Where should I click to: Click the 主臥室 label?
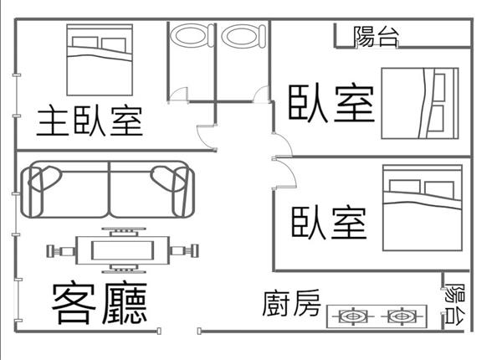[x=90, y=122]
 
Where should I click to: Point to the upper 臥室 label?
[x=331, y=102]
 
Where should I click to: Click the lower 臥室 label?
[x=330, y=223]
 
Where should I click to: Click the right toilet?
[x=242, y=37]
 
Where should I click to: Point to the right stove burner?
[x=400, y=317]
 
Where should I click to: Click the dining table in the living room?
[x=122, y=249]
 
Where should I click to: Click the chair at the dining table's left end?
[x=60, y=249]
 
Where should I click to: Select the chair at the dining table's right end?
[x=186, y=249]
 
